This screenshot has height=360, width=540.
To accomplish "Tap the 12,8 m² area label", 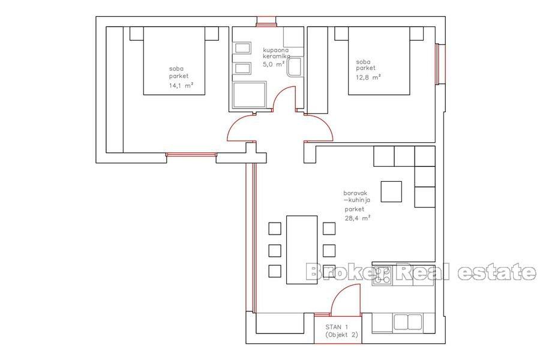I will (368, 77).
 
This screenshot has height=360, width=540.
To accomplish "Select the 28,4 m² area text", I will (358, 218).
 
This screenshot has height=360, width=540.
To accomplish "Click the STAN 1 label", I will (337, 326).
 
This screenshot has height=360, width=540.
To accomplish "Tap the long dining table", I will (301, 249).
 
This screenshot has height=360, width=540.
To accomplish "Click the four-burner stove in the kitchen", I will (382, 275).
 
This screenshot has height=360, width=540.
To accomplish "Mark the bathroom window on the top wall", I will (264, 23).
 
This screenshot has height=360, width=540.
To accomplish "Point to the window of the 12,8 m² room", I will (441, 64).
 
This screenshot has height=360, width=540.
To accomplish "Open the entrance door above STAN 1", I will (344, 300).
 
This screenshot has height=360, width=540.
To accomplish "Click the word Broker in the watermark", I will (345, 272).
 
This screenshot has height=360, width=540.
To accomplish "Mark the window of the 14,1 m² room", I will (191, 155).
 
